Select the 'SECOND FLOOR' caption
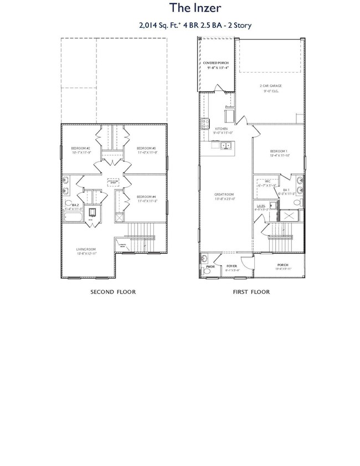point(113,291)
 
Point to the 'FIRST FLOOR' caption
point(251,291)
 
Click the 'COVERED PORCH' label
point(215,63)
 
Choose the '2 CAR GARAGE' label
point(271,86)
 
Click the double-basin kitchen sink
point(226,146)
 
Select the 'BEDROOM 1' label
point(279,151)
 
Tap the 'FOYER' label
point(232,266)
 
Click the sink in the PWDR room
point(205,259)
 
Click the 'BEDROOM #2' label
point(80,148)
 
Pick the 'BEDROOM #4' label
point(147,197)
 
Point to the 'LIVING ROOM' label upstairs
point(87,249)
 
